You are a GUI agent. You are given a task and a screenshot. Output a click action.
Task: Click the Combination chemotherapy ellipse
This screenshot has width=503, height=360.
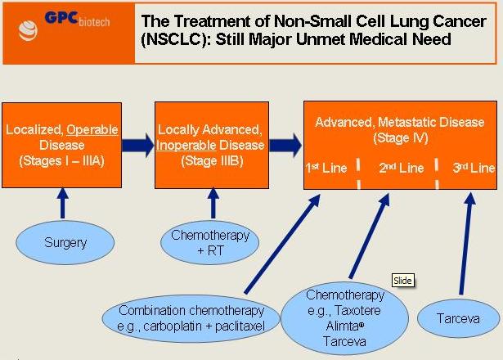pos(191,317)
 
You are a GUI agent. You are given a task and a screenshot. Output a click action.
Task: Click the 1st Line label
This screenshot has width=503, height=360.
pos(326,168)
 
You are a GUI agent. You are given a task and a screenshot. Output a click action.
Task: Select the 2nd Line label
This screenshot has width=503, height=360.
pos(401,168)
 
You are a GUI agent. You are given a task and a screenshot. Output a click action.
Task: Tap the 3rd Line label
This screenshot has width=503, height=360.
pos(474,168)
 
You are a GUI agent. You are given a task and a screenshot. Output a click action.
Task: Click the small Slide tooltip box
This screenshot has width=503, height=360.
pos(402,281)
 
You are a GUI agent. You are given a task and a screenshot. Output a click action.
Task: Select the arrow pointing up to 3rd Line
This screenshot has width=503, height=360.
pos(467,245)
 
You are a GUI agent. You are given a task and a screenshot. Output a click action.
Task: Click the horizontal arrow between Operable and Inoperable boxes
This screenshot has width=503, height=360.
pos(138,146)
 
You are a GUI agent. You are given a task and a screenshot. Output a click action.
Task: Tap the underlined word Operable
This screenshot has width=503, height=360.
pos(92,129)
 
